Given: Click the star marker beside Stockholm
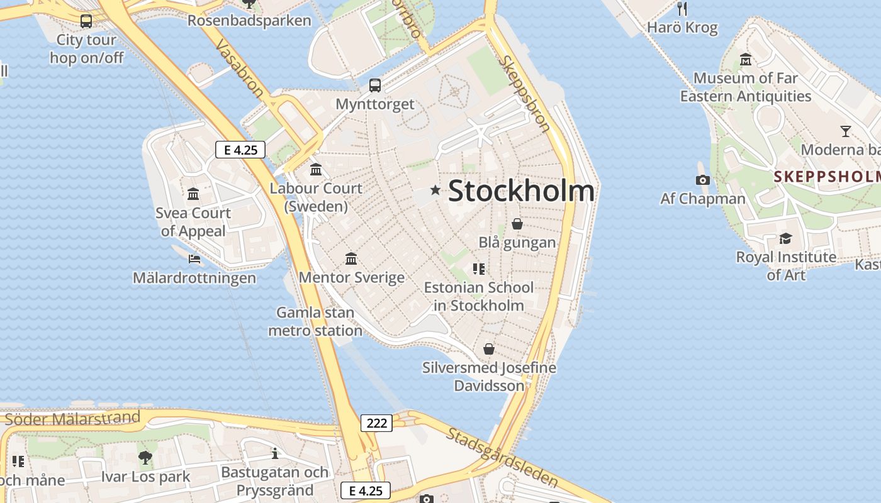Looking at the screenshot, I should [x=435, y=190].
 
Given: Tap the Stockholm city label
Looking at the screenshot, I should [x=521, y=191].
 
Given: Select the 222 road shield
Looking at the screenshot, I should [x=377, y=423].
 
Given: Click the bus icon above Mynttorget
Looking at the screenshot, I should [x=375, y=85].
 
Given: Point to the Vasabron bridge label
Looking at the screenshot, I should [x=240, y=69].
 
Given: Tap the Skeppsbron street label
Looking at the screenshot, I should [x=525, y=94].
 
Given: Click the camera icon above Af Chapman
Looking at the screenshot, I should [x=703, y=180].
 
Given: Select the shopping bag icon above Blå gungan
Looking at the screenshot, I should [x=517, y=224].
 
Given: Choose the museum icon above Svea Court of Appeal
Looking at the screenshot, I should [x=193, y=194].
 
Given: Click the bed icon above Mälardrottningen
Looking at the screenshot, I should [x=194, y=258].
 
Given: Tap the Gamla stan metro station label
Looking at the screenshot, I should [x=315, y=321].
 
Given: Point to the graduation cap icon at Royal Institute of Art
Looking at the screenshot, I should [x=785, y=239].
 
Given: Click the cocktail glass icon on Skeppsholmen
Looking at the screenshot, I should [x=846, y=131].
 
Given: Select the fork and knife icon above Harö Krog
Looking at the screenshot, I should [x=682, y=9].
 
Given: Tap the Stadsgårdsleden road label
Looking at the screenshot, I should [x=503, y=457].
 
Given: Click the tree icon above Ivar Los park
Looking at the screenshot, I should [x=145, y=458].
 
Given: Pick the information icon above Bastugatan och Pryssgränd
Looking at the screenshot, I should [x=274, y=453].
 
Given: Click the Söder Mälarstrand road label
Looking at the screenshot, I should [x=72, y=418].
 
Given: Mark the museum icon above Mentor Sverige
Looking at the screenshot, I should [x=351, y=258].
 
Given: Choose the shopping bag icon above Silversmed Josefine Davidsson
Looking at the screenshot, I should [x=489, y=349].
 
